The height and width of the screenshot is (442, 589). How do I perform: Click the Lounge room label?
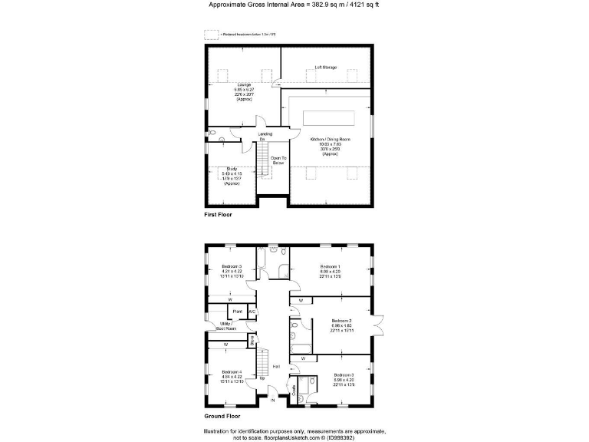244,84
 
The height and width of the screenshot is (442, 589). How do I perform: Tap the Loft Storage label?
326,68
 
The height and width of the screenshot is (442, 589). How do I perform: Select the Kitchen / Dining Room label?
330,140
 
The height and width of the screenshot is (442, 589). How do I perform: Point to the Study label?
232,169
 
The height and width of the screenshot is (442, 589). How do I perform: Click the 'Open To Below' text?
278,160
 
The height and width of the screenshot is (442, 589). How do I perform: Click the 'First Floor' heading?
218,215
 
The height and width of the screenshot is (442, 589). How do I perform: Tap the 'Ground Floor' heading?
220,417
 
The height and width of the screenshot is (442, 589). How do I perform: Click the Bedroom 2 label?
341,320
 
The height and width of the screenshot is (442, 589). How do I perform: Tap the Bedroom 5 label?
232,266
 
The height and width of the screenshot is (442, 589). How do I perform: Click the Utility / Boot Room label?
226,325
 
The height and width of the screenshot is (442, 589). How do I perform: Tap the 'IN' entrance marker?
272,401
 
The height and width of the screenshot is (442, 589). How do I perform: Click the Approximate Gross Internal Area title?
294,5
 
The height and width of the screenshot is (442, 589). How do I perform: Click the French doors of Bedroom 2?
377,323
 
